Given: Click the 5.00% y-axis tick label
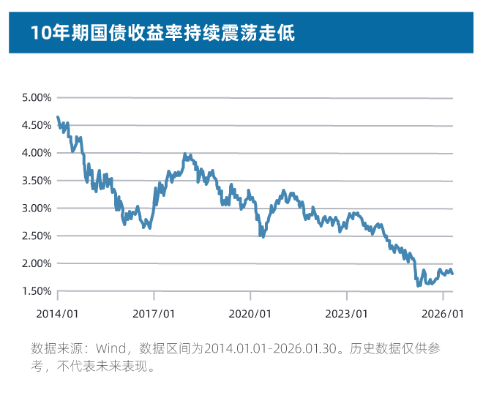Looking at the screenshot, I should [x=37, y=97].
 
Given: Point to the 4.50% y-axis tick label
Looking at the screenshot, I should [x=37, y=125].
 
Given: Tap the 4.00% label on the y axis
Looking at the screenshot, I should [x=37, y=153].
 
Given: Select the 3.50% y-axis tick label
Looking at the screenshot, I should [x=37, y=180].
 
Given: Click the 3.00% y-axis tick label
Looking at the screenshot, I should [x=37, y=208].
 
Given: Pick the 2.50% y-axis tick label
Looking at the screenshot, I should [x=37, y=236].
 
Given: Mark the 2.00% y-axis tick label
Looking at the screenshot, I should [x=37, y=263].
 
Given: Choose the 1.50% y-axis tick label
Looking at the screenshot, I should [x=37, y=291].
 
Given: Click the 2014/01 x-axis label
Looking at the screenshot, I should [x=57, y=313].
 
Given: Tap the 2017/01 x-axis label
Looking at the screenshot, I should [x=154, y=313].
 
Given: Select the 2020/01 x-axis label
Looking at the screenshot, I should [x=250, y=313].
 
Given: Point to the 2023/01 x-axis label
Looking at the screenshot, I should [x=347, y=313].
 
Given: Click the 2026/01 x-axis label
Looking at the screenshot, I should [x=443, y=313].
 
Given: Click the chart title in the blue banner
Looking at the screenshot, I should [x=162, y=33].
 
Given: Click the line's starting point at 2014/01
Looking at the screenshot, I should [x=58, y=117].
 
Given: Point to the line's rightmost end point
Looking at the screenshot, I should [x=452, y=274].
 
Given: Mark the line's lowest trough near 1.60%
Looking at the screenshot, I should [x=418, y=285].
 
